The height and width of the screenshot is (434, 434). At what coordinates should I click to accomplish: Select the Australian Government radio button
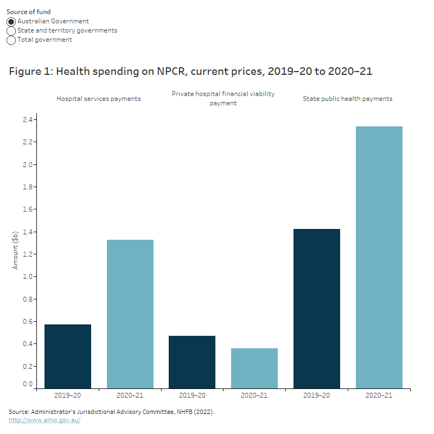point(11,22)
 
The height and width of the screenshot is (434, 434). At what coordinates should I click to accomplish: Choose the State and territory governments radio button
point(11,31)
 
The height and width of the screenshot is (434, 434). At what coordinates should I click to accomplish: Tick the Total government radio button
point(11,40)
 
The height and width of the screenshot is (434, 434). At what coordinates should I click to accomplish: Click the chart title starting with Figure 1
point(190,71)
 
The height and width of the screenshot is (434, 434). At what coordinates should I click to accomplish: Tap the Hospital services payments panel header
point(99,99)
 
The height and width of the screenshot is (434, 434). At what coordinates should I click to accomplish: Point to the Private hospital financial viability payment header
point(223,98)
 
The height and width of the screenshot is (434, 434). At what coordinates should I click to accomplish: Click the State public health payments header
point(347,99)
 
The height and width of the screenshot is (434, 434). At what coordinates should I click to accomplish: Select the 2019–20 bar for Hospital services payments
point(68,356)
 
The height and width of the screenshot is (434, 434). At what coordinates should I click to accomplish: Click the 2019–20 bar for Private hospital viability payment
point(192,362)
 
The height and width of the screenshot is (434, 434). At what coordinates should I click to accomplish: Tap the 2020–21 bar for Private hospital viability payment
point(254,368)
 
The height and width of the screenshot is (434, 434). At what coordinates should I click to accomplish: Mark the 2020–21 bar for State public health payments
point(379,257)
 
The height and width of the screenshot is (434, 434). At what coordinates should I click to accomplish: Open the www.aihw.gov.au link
point(44,420)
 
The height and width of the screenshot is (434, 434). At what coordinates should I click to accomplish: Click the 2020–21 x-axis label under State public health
point(379,395)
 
